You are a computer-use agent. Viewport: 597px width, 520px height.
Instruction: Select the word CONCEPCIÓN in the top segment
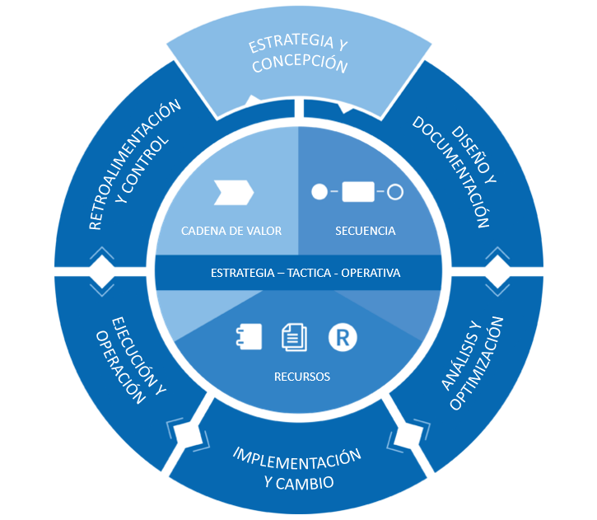point(299,65)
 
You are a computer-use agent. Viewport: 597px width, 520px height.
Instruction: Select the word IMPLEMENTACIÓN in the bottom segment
point(297,459)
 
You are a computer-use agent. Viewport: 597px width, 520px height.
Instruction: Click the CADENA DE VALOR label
point(231,231)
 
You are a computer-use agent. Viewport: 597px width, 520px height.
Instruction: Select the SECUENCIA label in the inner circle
point(366,231)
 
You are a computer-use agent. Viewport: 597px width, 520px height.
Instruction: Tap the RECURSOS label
point(302,377)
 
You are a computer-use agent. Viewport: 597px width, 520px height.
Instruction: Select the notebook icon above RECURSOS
point(250,335)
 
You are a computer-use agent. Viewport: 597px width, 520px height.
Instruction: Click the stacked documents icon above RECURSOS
point(294,335)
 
